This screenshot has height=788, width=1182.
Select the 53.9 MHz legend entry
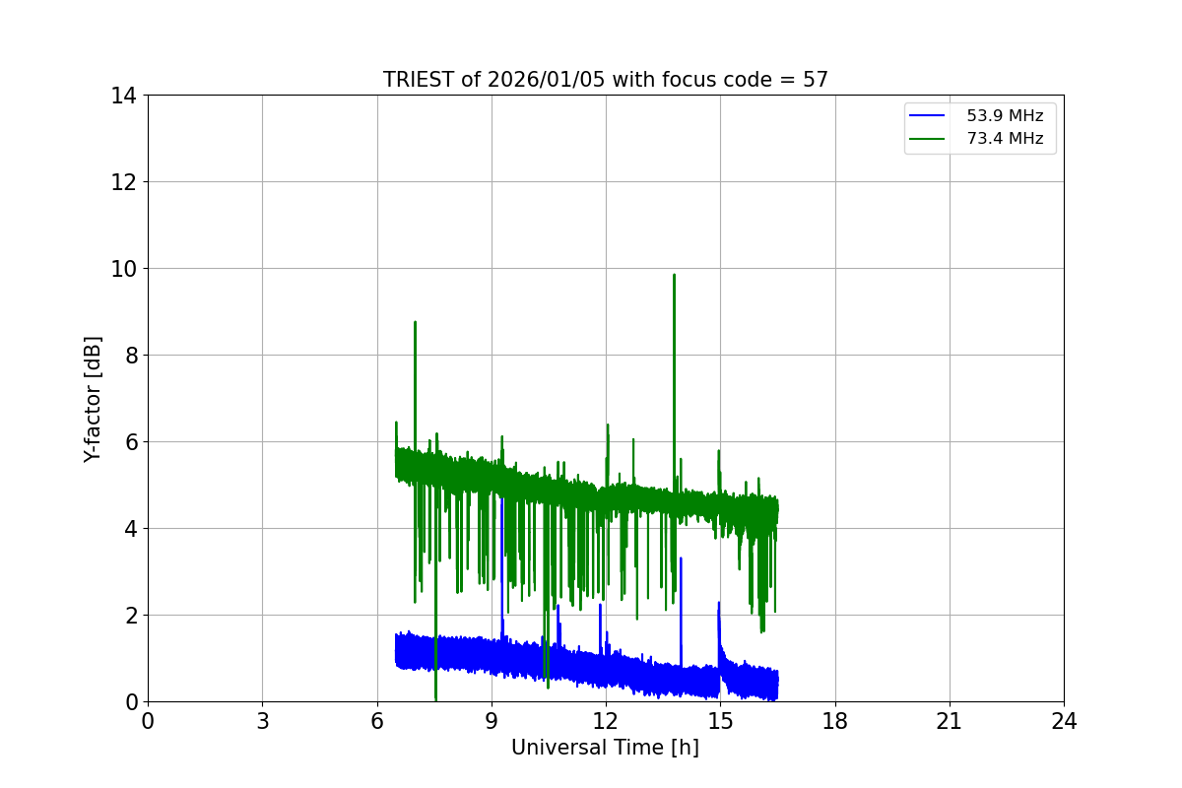point(1004,116)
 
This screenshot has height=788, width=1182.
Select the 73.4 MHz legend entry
point(1004,139)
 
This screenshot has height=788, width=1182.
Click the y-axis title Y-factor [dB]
point(93,399)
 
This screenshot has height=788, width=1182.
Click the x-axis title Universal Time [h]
point(605,748)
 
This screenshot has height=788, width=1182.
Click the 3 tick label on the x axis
point(262,721)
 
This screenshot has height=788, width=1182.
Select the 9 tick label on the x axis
point(492,721)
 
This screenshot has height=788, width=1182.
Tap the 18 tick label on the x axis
point(834,721)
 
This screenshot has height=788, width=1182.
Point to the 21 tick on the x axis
point(950,721)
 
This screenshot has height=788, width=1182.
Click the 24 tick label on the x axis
point(1064,721)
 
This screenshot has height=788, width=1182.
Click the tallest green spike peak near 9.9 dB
point(674,275)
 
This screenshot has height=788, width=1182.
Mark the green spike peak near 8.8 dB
point(415,322)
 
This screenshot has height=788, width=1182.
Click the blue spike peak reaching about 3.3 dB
point(681,558)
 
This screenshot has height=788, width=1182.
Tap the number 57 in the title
point(816,80)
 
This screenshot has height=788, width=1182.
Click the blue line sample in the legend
point(927,116)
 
